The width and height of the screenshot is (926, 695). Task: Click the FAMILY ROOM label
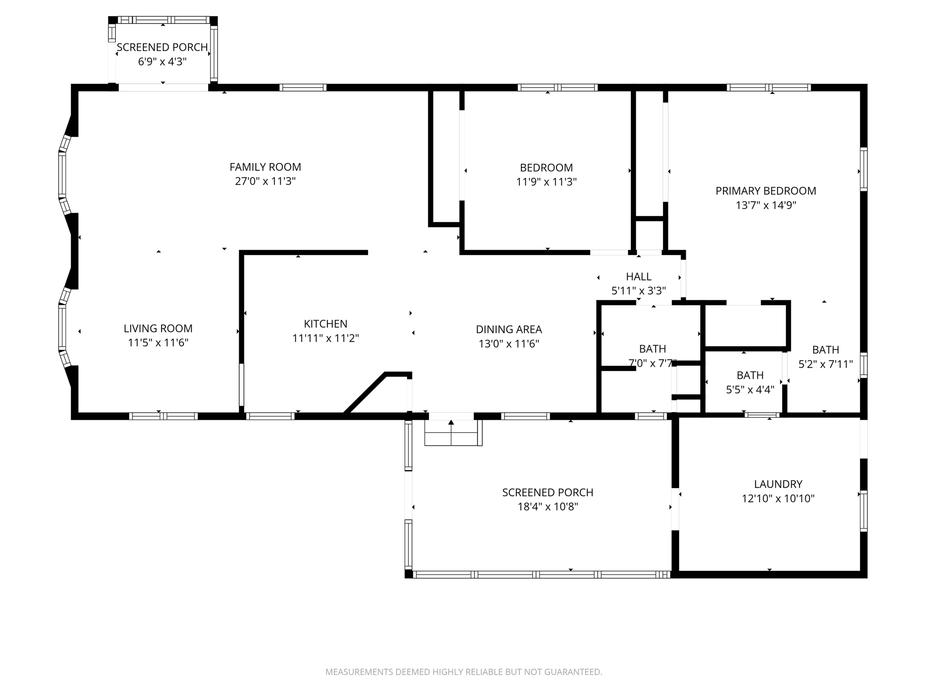(x=265, y=167)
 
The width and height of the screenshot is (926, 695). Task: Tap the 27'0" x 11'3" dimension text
(x=265, y=181)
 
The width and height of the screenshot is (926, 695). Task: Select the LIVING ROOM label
(x=158, y=328)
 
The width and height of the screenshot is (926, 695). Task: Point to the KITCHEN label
(x=326, y=324)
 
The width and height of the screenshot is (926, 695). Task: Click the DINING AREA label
(x=509, y=329)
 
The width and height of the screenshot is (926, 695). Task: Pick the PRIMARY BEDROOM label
(x=766, y=191)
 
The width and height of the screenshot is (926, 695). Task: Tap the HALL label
(x=639, y=276)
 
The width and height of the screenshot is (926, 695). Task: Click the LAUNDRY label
(x=778, y=484)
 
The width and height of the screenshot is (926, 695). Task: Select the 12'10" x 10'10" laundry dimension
(x=778, y=499)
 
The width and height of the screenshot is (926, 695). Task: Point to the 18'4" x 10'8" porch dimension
(x=548, y=507)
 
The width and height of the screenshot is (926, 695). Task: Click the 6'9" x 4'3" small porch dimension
(x=162, y=62)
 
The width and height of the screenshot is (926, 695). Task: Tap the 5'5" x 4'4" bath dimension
(x=750, y=390)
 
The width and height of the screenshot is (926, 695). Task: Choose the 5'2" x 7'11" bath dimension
(x=826, y=364)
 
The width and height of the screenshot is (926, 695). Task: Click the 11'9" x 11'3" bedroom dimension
(x=547, y=182)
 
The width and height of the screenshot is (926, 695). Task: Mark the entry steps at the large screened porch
(x=453, y=433)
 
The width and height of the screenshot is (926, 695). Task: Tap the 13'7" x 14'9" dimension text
(x=766, y=205)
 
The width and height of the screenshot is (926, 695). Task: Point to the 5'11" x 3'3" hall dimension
(x=639, y=291)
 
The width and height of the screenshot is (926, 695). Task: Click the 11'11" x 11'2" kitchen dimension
(x=326, y=338)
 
